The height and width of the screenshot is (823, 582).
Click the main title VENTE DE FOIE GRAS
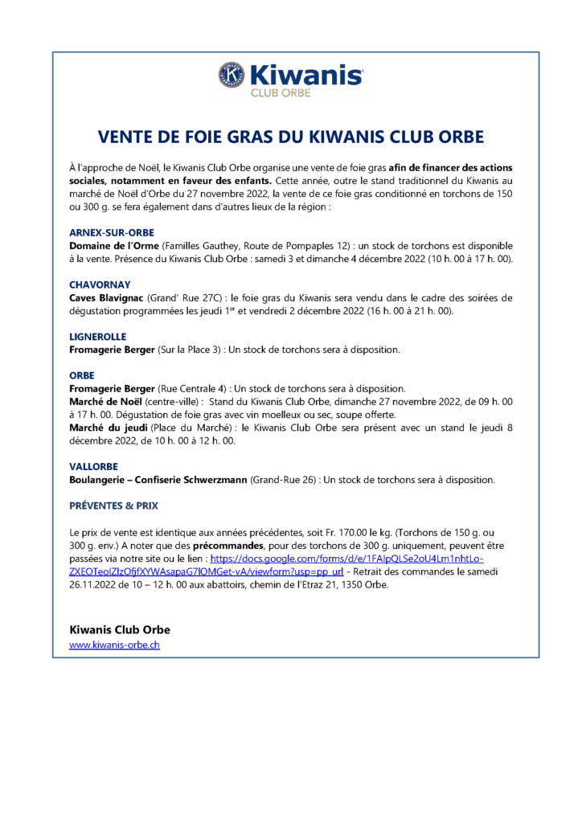[290, 136]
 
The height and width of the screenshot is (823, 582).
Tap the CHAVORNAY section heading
[100, 285]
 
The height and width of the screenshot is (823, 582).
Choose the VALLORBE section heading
[94, 466]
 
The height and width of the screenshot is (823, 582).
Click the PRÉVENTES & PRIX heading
[113, 506]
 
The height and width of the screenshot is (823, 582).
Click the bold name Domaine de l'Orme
[114, 244]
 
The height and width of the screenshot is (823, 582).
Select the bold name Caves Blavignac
[107, 297]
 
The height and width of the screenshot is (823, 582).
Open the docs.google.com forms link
[346, 558]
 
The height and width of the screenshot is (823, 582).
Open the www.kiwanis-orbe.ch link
[114, 645]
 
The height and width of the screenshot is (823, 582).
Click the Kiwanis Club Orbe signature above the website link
[120, 629]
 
